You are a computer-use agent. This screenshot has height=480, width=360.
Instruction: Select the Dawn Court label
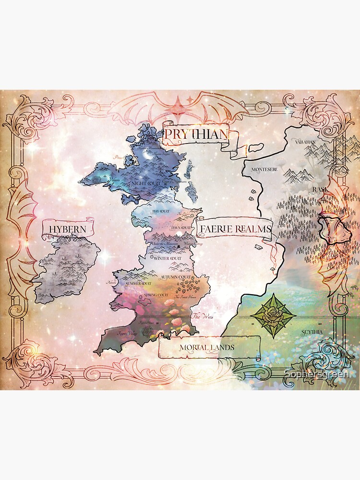pos(181,227)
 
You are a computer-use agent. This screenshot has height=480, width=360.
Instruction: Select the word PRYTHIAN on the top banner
pos(195,135)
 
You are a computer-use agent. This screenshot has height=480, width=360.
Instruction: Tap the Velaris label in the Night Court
pos(114,180)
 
